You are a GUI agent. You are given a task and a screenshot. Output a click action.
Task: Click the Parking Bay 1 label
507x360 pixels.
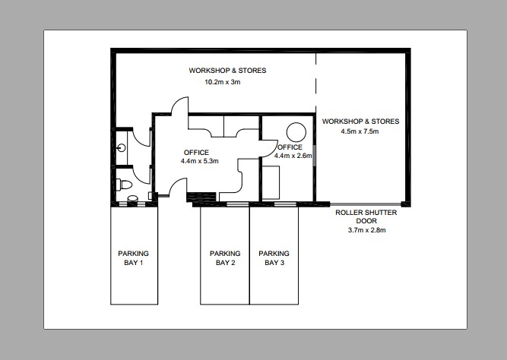click(x=133, y=258)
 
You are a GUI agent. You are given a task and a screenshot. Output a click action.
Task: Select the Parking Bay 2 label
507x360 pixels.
click(x=225, y=258)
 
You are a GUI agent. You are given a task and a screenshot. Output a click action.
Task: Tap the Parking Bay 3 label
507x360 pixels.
click(x=274, y=258)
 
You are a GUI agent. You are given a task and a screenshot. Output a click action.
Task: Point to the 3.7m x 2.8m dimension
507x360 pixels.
click(x=366, y=230)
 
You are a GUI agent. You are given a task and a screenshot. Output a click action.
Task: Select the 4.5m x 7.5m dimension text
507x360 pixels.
click(x=360, y=131)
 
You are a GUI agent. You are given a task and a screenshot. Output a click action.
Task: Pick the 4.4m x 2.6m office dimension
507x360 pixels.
click(x=293, y=155)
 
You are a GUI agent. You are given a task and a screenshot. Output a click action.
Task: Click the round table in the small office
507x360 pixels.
click(x=296, y=130)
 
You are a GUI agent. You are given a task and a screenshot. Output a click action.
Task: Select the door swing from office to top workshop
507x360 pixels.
click(x=177, y=108)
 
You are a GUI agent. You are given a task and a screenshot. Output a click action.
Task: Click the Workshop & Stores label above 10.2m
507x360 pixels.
click(x=227, y=71)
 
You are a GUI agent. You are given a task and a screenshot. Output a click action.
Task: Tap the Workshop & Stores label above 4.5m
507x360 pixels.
click(x=360, y=121)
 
